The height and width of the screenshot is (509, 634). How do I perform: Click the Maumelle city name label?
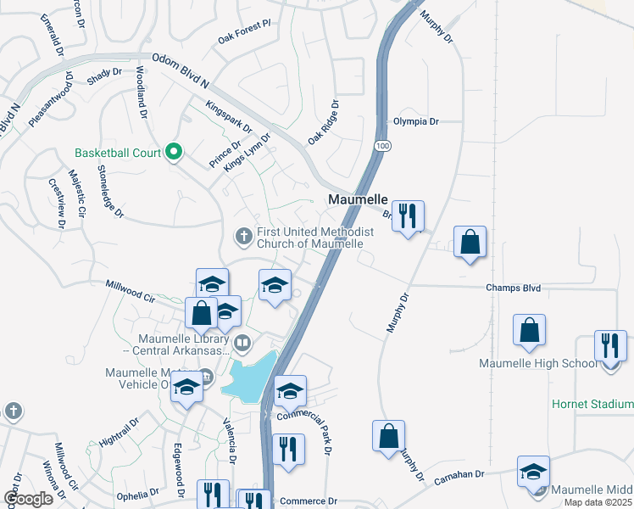tap(358, 199)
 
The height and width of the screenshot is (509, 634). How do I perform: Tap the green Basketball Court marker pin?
tap(175, 153)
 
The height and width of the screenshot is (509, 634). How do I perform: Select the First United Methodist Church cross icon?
tap(243, 236)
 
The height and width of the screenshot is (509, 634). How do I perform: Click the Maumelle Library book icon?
tap(242, 343)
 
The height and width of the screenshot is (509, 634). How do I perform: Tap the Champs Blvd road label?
tap(513, 288)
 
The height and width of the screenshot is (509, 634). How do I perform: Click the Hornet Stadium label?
tap(592, 403)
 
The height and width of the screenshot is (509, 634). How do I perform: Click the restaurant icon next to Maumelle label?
tap(409, 216)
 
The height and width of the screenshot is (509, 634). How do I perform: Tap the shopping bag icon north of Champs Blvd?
tap(470, 243)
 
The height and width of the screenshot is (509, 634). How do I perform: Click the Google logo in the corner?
tap(27, 498)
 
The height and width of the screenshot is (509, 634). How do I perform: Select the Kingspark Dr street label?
tap(229, 116)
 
